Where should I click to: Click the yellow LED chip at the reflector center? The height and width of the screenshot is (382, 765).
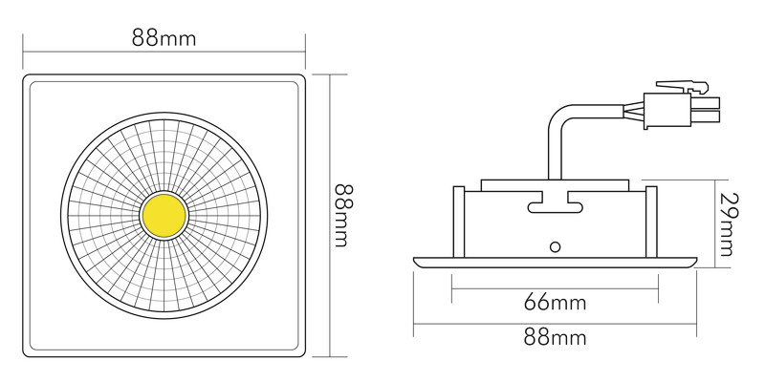pyautogui.click(x=164, y=217)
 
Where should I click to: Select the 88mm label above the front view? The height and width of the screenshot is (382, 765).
pyautogui.click(x=164, y=40)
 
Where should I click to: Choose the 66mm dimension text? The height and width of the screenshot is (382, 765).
pyautogui.click(x=555, y=304)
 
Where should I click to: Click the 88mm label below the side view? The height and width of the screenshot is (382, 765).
pyautogui.click(x=555, y=337)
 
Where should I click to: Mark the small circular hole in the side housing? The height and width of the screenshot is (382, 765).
pyautogui.click(x=555, y=246)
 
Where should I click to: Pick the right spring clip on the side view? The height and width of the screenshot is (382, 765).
pyautogui.click(x=651, y=221)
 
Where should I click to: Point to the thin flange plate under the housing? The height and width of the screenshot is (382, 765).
pyautogui.click(x=555, y=260)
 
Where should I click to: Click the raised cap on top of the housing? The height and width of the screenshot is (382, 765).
pyautogui.click(x=555, y=181)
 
